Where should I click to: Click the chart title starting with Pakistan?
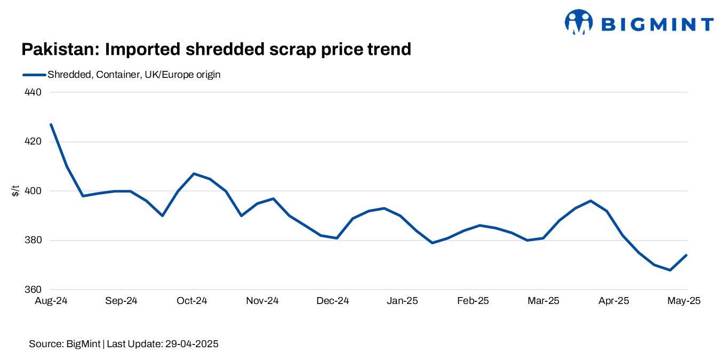(216, 50)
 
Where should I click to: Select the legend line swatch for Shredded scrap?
(34, 75)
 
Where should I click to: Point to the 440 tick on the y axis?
(33, 92)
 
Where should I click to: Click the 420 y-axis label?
(33, 142)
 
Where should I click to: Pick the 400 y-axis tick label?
(33, 191)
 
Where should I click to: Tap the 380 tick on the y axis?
(33, 241)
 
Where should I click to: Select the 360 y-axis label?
(33, 290)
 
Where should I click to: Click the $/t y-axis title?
(15, 191)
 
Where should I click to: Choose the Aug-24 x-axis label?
(51, 301)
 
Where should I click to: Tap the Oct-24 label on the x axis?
(191, 301)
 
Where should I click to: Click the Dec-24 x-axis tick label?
(332, 301)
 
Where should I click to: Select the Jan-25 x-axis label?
(403, 301)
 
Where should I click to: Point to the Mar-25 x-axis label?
(543, 301)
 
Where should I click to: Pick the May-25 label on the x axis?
(684, 301)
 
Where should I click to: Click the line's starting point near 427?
(51, 124)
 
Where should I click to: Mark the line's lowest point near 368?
(670, 270)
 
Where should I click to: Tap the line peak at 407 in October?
(194, 173)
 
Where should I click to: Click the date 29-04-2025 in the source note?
(190, 344)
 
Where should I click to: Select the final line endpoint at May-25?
(686, 255)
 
